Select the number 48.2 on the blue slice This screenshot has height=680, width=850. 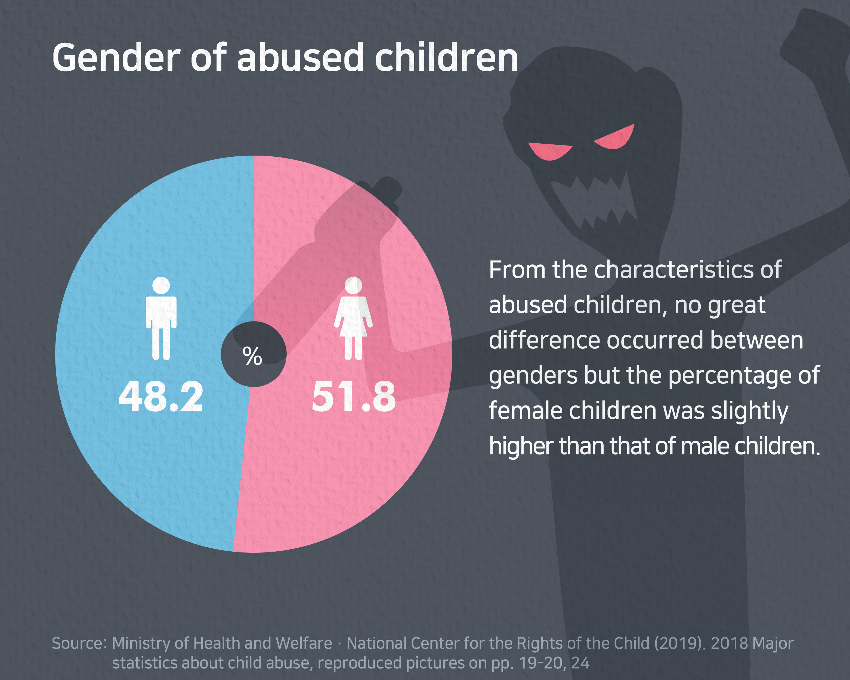click(x=161, y=397)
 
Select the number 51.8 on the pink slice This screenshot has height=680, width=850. click(x=354, y=397)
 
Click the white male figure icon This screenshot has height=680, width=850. click(x=161, y=319)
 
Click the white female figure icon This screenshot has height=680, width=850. click(x=353, y=319)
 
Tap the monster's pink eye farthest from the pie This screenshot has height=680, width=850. click(x=615, y=138)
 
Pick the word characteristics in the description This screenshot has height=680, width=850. click(x=688, y=270)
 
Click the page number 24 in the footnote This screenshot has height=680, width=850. click(x=580, y=663)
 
